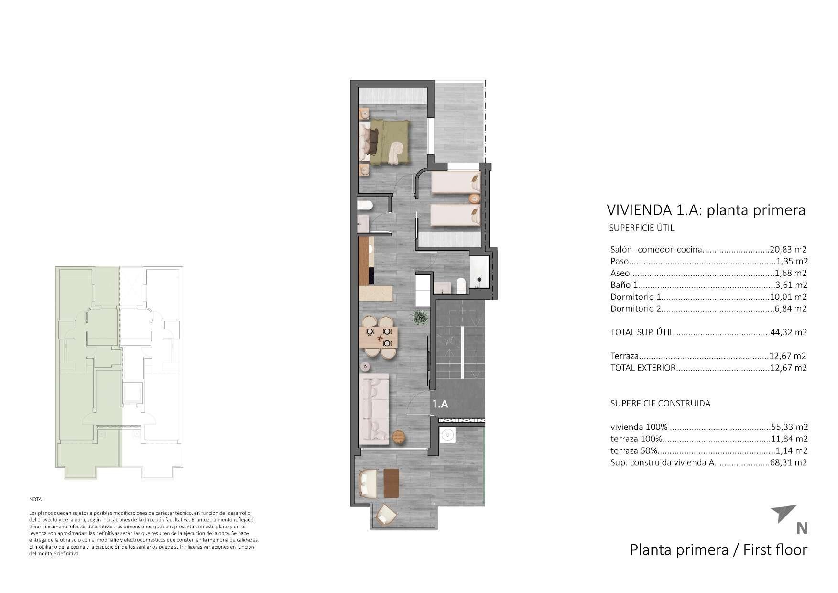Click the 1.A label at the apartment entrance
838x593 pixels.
(440, 404)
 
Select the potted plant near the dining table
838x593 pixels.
(419, 317)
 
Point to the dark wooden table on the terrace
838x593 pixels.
(391, 483)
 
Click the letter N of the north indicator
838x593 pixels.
(802, 528)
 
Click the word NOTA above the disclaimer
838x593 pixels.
(36, 499)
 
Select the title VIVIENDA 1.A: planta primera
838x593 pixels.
(706, 210)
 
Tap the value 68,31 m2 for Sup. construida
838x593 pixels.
(789, 462)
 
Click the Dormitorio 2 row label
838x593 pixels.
(635, 309)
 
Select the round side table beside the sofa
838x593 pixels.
(399, 437)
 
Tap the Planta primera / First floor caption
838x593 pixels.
(718, 549)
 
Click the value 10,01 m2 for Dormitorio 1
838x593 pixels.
(789, 297)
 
